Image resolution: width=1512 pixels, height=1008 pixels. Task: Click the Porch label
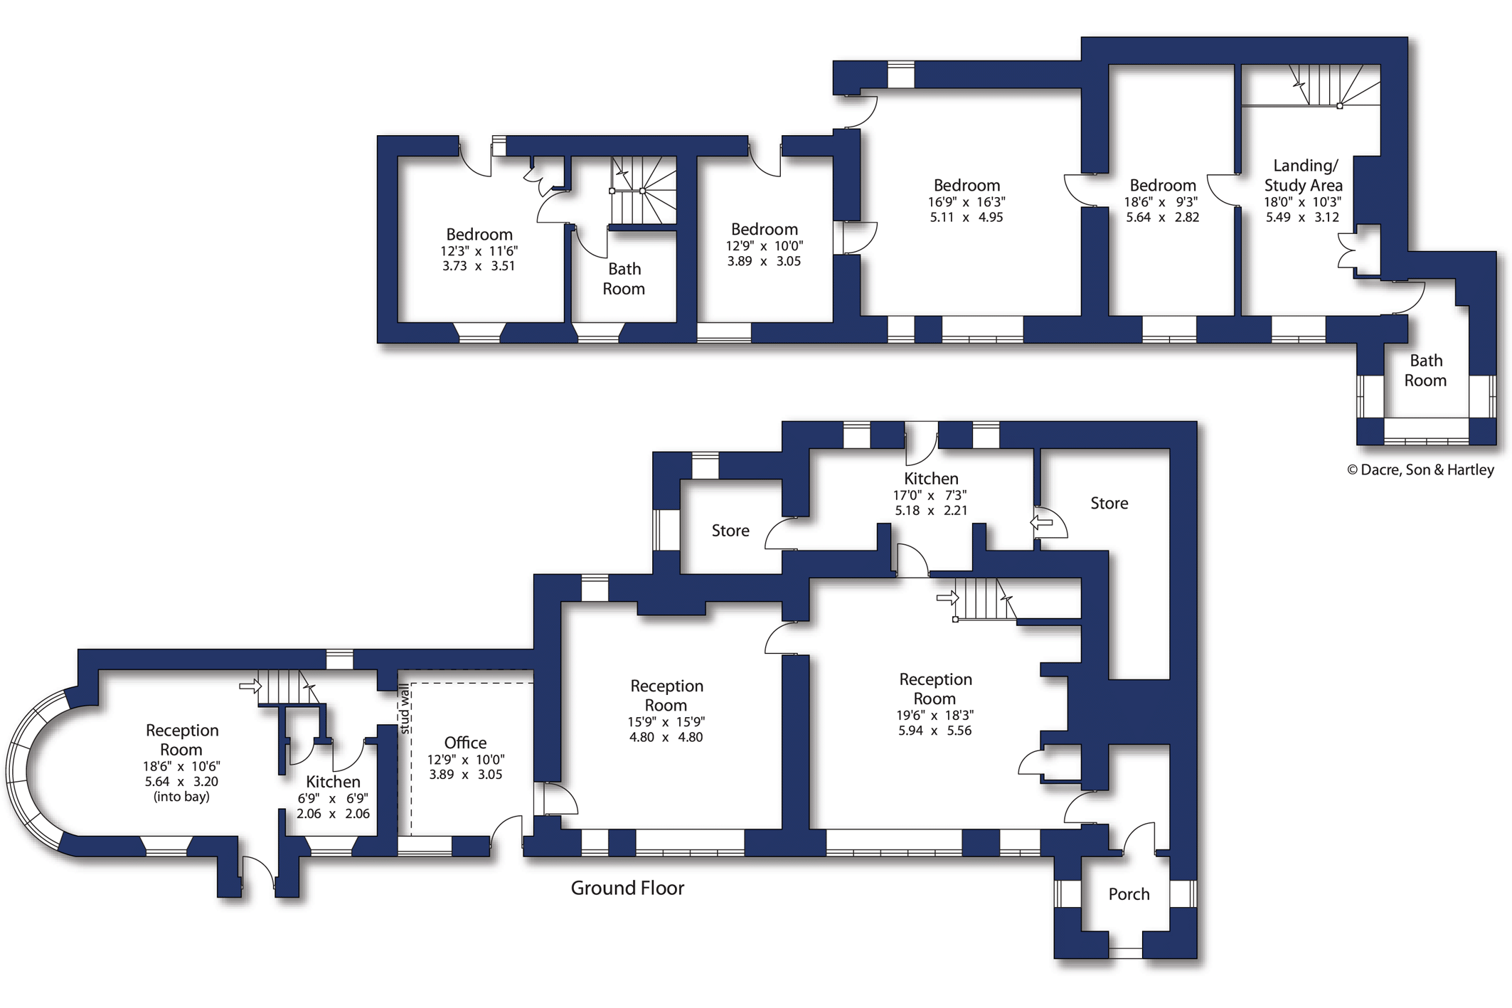1129,894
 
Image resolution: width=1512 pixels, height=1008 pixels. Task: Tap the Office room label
465,743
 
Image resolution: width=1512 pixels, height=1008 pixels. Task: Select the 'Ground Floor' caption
627,888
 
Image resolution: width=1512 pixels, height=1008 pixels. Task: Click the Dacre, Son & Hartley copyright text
1420,469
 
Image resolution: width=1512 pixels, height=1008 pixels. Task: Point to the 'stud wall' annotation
405,709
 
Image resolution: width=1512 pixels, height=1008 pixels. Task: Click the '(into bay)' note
181,797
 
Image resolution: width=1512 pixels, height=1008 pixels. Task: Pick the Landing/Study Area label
1303,175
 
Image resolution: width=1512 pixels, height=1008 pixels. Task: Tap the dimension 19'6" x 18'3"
935,715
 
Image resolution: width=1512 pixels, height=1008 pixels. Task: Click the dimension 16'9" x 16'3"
967,202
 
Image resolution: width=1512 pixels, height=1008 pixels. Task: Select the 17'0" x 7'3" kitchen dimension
930,495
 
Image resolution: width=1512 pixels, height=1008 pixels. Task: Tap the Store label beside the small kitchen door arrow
1109,504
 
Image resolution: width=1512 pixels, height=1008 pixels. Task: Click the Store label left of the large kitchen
730,531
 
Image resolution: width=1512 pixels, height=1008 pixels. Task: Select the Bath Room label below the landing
1425,371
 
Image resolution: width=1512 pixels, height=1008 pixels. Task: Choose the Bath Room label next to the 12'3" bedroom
624,279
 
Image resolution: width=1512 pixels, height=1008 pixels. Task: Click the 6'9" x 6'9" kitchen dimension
332,799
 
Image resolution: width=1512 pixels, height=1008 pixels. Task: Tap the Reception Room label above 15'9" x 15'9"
666,695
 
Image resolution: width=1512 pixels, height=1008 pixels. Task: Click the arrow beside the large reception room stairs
947,598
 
